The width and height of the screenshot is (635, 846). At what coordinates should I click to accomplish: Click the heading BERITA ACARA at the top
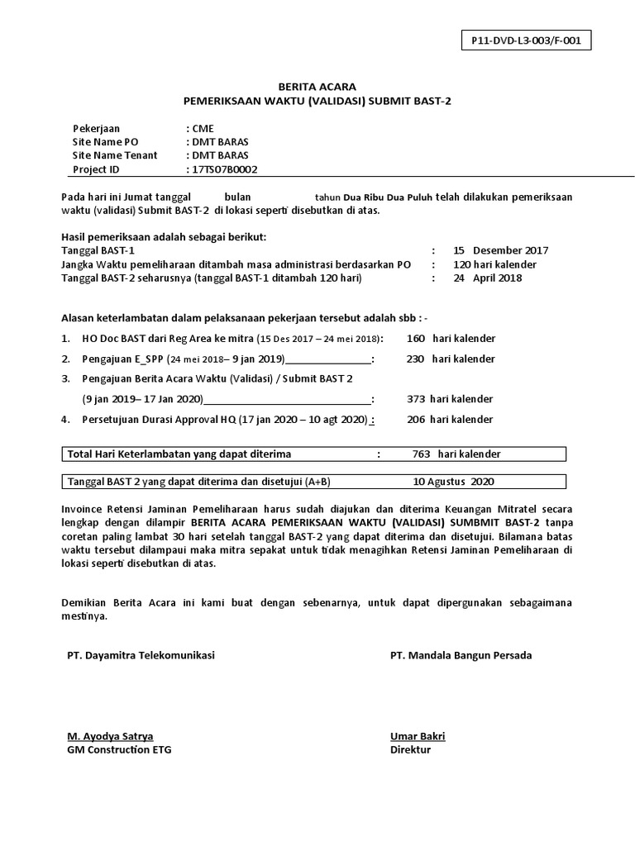(317, 86)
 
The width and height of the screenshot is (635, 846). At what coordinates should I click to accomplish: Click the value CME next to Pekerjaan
(203, 128)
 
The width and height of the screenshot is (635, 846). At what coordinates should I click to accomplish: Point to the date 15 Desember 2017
(501, 250)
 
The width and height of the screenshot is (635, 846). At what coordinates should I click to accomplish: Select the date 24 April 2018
(488, 278)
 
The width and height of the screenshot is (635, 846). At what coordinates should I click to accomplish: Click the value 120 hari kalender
(494, 264)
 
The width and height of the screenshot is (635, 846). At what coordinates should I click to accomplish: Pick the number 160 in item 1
(415, 338)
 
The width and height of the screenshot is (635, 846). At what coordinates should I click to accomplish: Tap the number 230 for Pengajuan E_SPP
(415, 359)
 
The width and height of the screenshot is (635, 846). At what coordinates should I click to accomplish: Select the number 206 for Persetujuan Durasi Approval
(415, 420)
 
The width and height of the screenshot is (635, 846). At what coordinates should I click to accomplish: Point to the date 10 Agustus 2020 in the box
(454, 482)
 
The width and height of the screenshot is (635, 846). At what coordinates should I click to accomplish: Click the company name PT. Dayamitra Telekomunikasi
(141, 655)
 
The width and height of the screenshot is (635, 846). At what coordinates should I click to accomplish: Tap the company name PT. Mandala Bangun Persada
(461, 655)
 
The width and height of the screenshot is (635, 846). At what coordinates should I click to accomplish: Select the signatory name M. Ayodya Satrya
(110, 736)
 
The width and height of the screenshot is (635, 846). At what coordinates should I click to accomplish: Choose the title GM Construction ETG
(120, 750)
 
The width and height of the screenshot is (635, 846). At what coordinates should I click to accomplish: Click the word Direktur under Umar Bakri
(411, 750)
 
